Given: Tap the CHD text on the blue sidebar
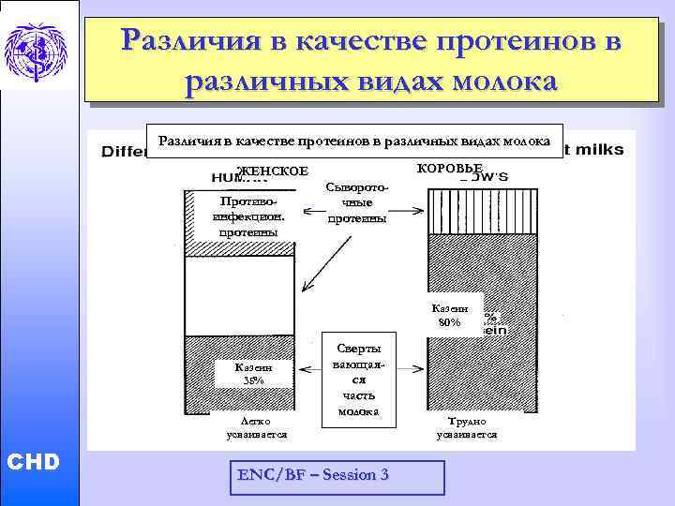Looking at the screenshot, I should pos(33,461).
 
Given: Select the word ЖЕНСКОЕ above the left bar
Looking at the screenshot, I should pos(272,171).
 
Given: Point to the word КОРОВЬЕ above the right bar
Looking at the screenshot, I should pos(448,168).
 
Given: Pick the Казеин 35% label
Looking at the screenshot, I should pos(253,374).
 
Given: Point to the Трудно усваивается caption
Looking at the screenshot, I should pos(472,428).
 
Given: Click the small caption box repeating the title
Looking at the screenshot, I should pos(354,141).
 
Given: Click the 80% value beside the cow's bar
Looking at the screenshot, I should pos(450,322).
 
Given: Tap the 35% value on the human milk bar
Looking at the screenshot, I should pos(253,380).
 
